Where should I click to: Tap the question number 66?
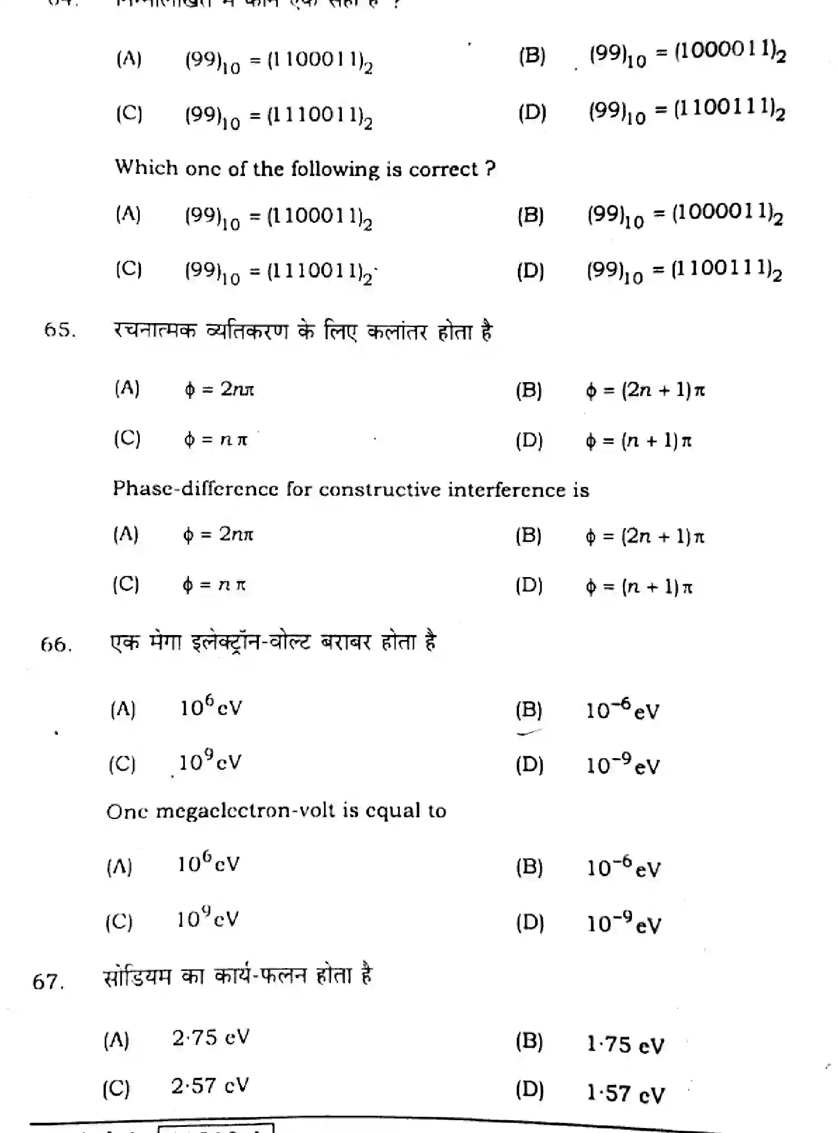pyautogui.click(x=56, y=645)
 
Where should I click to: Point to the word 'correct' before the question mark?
pyautogui.click(x=443, y=169)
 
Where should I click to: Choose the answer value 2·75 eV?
pyautogui.click(x=210, y=1038)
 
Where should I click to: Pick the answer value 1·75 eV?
pyautogui.click(x=625, y=1044)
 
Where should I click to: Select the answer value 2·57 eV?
pyautogui.click(x=210, y=1086)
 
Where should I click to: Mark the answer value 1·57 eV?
pyautogui.click(x=625, y=1093)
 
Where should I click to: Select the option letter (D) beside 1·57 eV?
pyautogui.click(x=530, y=1088)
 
